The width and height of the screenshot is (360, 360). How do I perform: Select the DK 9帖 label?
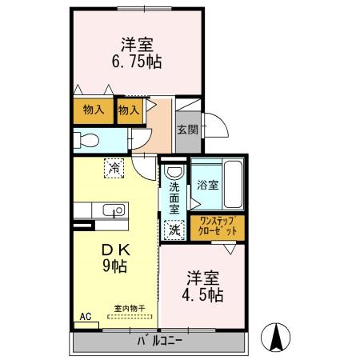point(116,258)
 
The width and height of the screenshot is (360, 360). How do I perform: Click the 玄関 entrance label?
point(186,129)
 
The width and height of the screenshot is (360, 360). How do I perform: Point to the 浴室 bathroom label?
point(206,185)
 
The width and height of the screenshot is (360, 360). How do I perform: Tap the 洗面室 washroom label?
point(174,198)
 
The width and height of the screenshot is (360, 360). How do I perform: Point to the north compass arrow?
point(277,336)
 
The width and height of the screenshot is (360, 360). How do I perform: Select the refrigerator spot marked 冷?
point(114,168)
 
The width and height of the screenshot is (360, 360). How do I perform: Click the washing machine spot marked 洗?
point(174,230)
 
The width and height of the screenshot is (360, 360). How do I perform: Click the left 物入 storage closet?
point(93,110)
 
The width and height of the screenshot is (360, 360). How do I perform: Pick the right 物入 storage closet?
point(128,110)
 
